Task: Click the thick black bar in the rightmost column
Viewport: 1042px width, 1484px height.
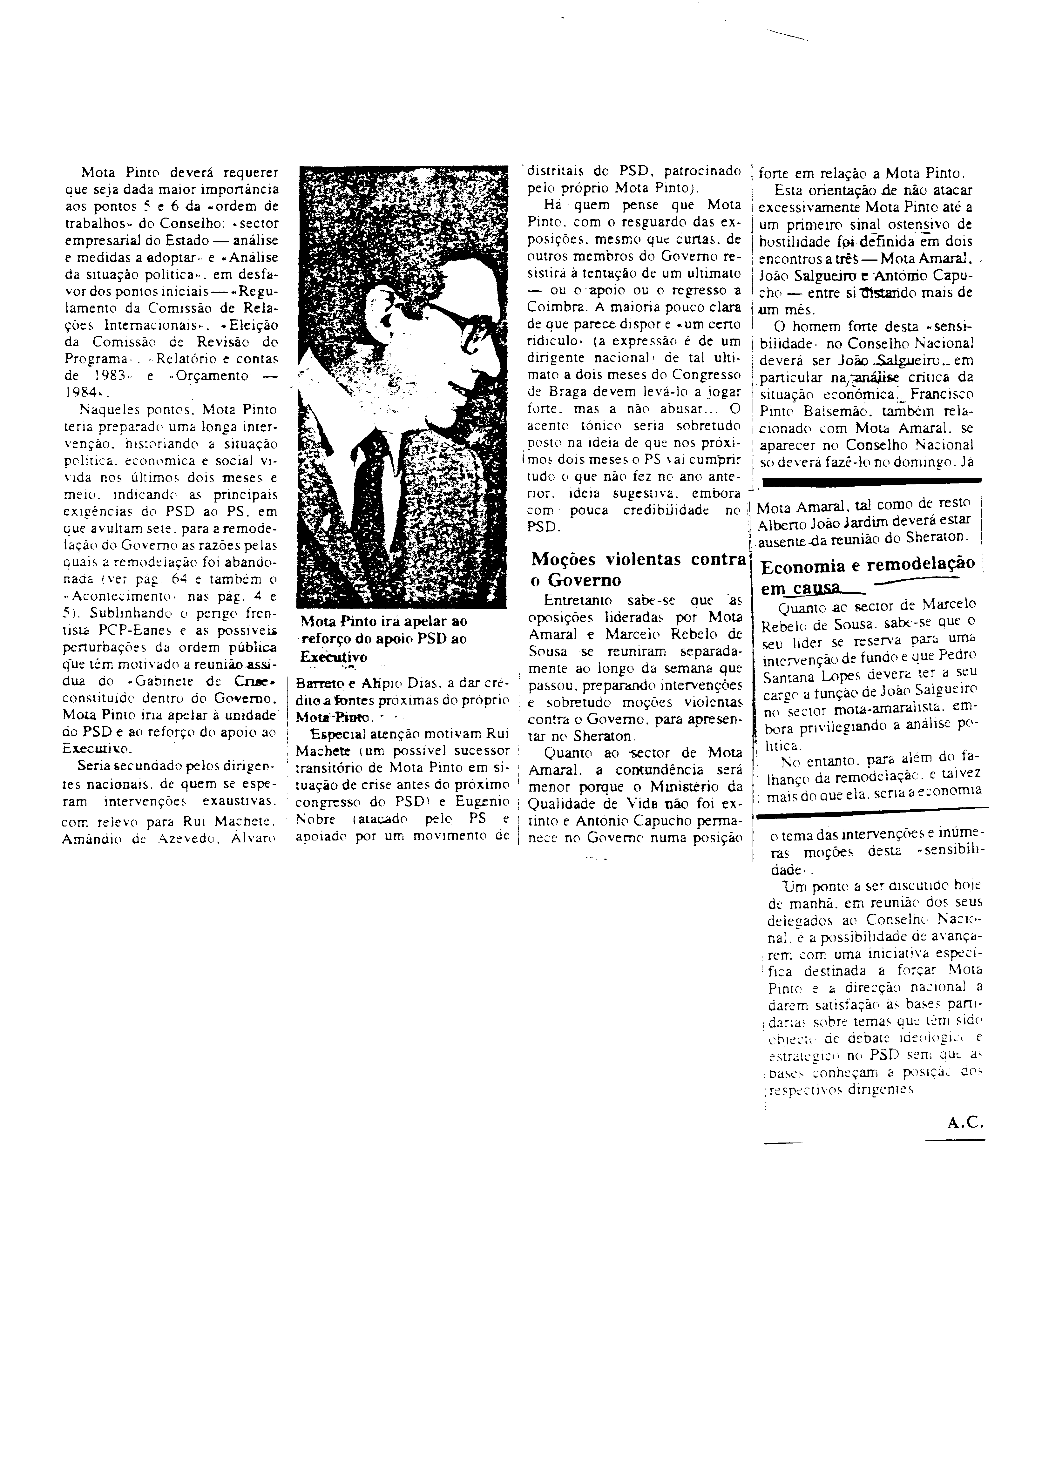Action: pos(871,480)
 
